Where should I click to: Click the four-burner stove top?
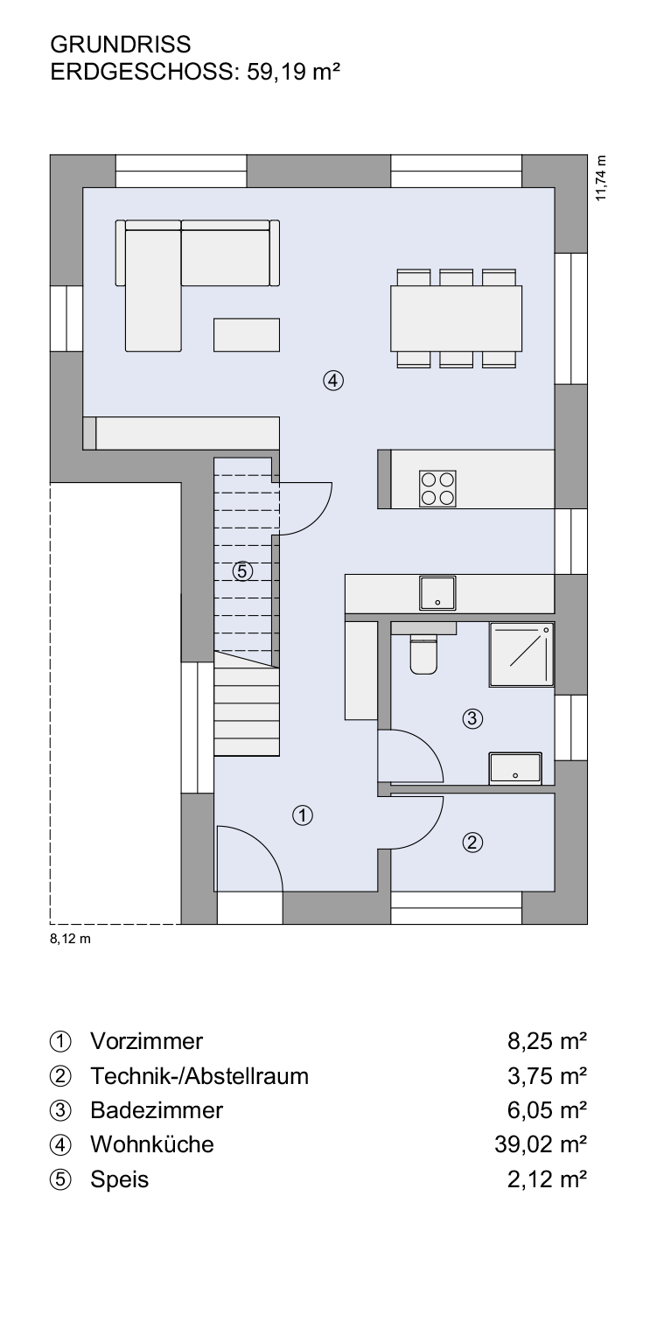(437, 488)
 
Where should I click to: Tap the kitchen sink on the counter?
(437, 593)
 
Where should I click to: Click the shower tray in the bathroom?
(521, 654)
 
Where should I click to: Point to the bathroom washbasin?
(515, 767)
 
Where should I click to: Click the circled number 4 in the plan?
(333, 380)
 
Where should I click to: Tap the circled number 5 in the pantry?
(242, 571)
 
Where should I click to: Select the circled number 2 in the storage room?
(472, 843)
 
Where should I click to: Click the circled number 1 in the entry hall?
(303, 815)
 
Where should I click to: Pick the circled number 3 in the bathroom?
(472, 718)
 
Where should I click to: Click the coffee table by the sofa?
(247, 334)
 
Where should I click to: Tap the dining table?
(456, 318)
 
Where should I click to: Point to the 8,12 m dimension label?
(70, 939)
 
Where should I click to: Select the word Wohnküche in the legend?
(152, 1144)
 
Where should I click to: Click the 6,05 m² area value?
(547, 1110)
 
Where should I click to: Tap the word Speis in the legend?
(119, 1179)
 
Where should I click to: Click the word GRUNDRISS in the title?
(121, 44)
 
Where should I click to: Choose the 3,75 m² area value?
(547, 1076)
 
